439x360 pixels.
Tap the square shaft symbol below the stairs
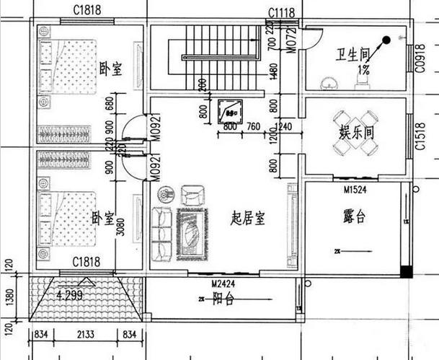point(231,110)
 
